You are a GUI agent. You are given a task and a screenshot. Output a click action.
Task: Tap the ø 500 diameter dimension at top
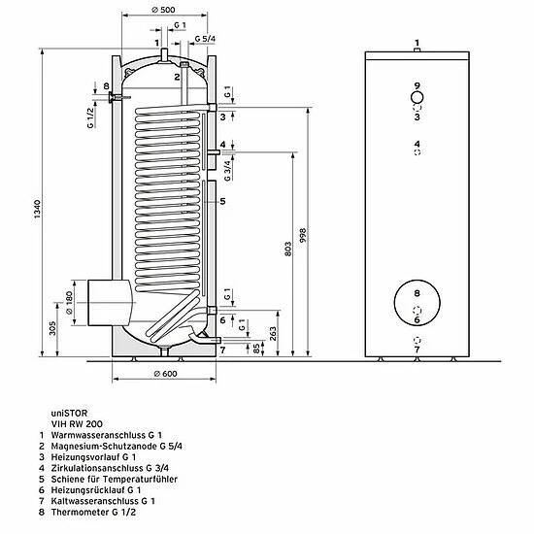tap(162, 11)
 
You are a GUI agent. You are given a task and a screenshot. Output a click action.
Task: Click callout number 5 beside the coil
tap(222, 201)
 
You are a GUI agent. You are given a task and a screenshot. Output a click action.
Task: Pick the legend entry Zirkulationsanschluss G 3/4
tap(117, 470)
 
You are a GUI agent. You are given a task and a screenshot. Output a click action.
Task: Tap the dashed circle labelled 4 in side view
tap(416, 152)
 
